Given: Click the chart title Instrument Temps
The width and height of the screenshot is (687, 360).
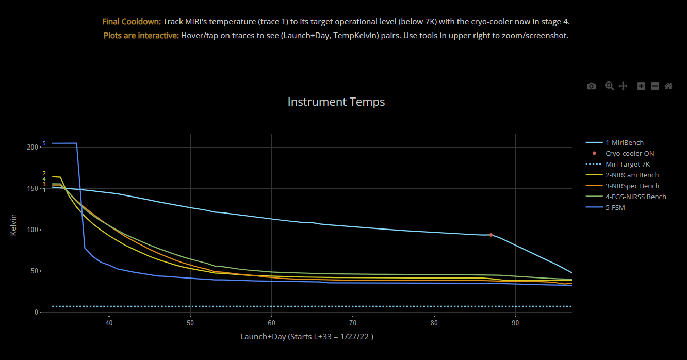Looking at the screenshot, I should coord(336,102).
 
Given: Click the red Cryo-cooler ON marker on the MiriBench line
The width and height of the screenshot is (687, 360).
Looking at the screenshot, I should coord(491,235).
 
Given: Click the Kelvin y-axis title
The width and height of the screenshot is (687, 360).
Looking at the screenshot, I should coord(13,225).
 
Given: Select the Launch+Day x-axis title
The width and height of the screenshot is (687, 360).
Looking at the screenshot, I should coord(306,337).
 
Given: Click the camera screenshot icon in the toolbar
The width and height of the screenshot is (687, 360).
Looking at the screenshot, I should coord(591,86).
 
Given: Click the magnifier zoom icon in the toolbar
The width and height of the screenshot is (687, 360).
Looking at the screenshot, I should coord(609,86).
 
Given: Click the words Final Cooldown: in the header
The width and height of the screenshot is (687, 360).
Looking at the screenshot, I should coord(132,22).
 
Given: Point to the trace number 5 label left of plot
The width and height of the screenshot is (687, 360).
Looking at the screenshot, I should coord(44,143).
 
